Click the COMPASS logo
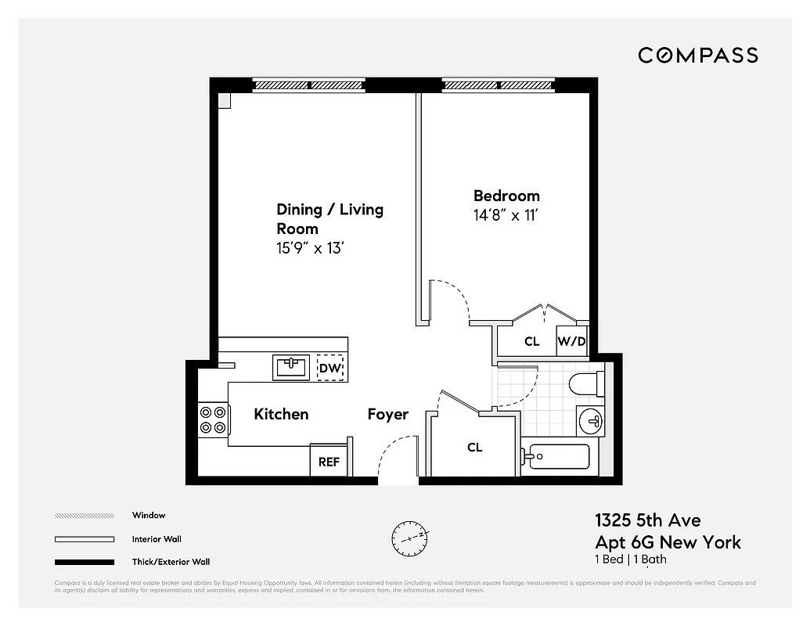698,55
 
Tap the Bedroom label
506,196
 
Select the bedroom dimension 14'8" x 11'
506,215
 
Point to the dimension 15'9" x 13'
311,248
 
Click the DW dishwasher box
330,368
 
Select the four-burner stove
212,418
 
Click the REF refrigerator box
329,462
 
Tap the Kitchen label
281,414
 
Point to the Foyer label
388,414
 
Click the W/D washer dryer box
571,341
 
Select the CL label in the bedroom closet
532,341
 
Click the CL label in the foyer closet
475,448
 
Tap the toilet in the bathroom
586,383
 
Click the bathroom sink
590,422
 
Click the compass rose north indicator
412,537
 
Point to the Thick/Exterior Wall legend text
171,562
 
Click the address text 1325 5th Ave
647,520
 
